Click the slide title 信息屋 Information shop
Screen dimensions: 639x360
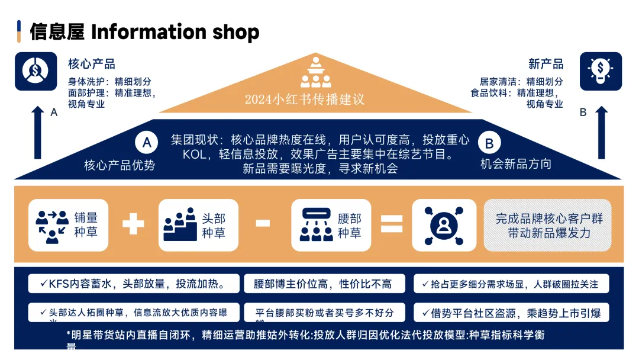pyautogui.click(x=144, y=32)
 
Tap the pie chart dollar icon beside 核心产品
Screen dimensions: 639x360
pyautogui.click(x=35, y=72)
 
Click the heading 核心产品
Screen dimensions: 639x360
pyautogui.click(x=92, y=64)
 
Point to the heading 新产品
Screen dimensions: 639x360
pyautogui.click(x=546, y=64)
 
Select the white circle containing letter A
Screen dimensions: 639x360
pyautogui.click(x=147, y=143)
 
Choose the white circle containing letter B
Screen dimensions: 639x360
pyautogui.click(x=489, y=143)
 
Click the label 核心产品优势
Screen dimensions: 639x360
pyautogui.click(x=120, y=165)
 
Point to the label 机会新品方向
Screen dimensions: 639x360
pyautogui.click(x=516, y=164)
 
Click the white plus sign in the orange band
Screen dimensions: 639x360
pyautogui.click(x=133, y=224)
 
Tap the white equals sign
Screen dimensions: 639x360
pyautogui.click(x=391, y=224)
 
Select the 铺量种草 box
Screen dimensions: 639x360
pyautogui.click(x=71, y=225)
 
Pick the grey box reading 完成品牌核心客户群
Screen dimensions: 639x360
pyautogui.click(x=547, y=226)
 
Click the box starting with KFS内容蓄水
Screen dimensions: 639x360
pyautogui.click(x=134, y=284)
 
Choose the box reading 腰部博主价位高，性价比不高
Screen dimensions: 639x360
pyautogui.click(x=325, y=284)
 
